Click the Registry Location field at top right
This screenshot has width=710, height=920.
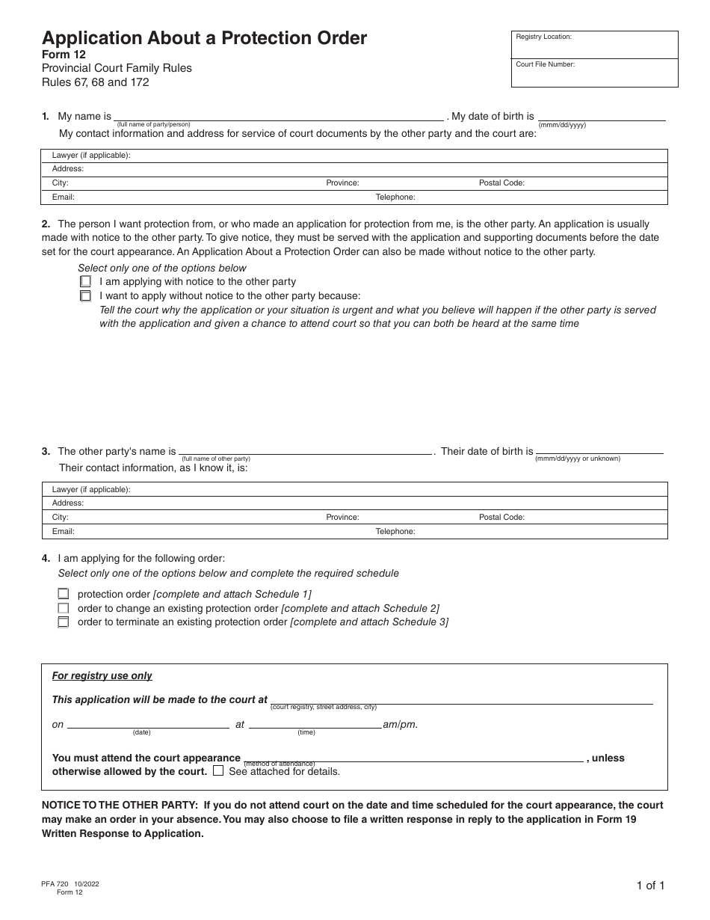[594, 45]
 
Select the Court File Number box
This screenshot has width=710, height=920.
[594, 73]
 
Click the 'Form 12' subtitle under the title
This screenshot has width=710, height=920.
[64, 54]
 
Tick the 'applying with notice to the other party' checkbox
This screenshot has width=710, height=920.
[85, 282]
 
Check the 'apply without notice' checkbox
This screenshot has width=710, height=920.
[85, 295]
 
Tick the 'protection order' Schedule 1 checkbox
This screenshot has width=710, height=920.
[64, 594]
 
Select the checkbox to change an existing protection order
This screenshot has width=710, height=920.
[64, 608]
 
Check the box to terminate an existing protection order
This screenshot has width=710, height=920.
[64, 622]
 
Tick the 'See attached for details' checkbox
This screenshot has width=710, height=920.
[218, 770]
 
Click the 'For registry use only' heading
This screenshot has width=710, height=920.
[102, 676]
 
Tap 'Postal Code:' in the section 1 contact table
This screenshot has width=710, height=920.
[501, 183]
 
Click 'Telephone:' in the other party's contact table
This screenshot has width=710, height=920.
[395, 532]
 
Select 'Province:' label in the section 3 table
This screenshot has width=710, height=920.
[342, 518]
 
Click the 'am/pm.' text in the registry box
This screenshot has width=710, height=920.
[401, 725]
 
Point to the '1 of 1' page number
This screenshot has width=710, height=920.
[650, 886]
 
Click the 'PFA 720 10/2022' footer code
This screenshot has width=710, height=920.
[70, 884]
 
